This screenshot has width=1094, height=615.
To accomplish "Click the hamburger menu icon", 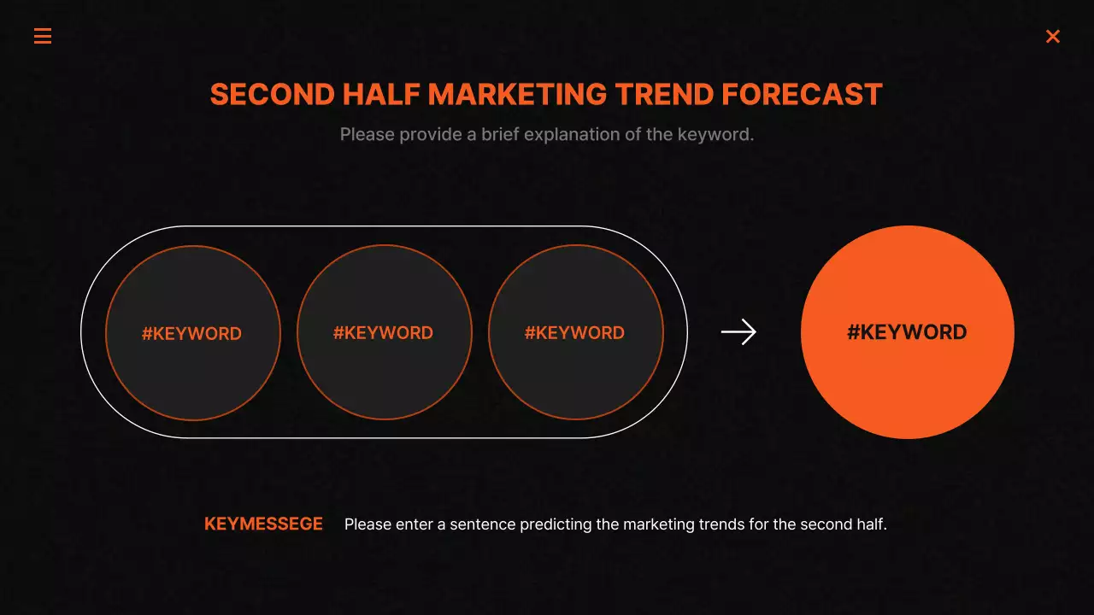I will click(43, 36).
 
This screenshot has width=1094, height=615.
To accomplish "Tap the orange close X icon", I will click(1053, 36).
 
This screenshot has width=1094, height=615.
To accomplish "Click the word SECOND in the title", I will click(271, 95).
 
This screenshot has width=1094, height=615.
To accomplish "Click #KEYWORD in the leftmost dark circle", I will click(191, 334).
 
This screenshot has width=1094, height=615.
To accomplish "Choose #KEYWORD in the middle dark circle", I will click(383, 333).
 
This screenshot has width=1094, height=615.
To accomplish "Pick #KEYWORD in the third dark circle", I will click(574, 333).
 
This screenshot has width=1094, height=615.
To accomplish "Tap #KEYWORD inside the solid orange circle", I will click(907, 332).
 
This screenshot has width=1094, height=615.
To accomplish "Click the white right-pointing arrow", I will click(738, 332).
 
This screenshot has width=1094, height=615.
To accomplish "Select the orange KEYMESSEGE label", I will click(263, 524).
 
